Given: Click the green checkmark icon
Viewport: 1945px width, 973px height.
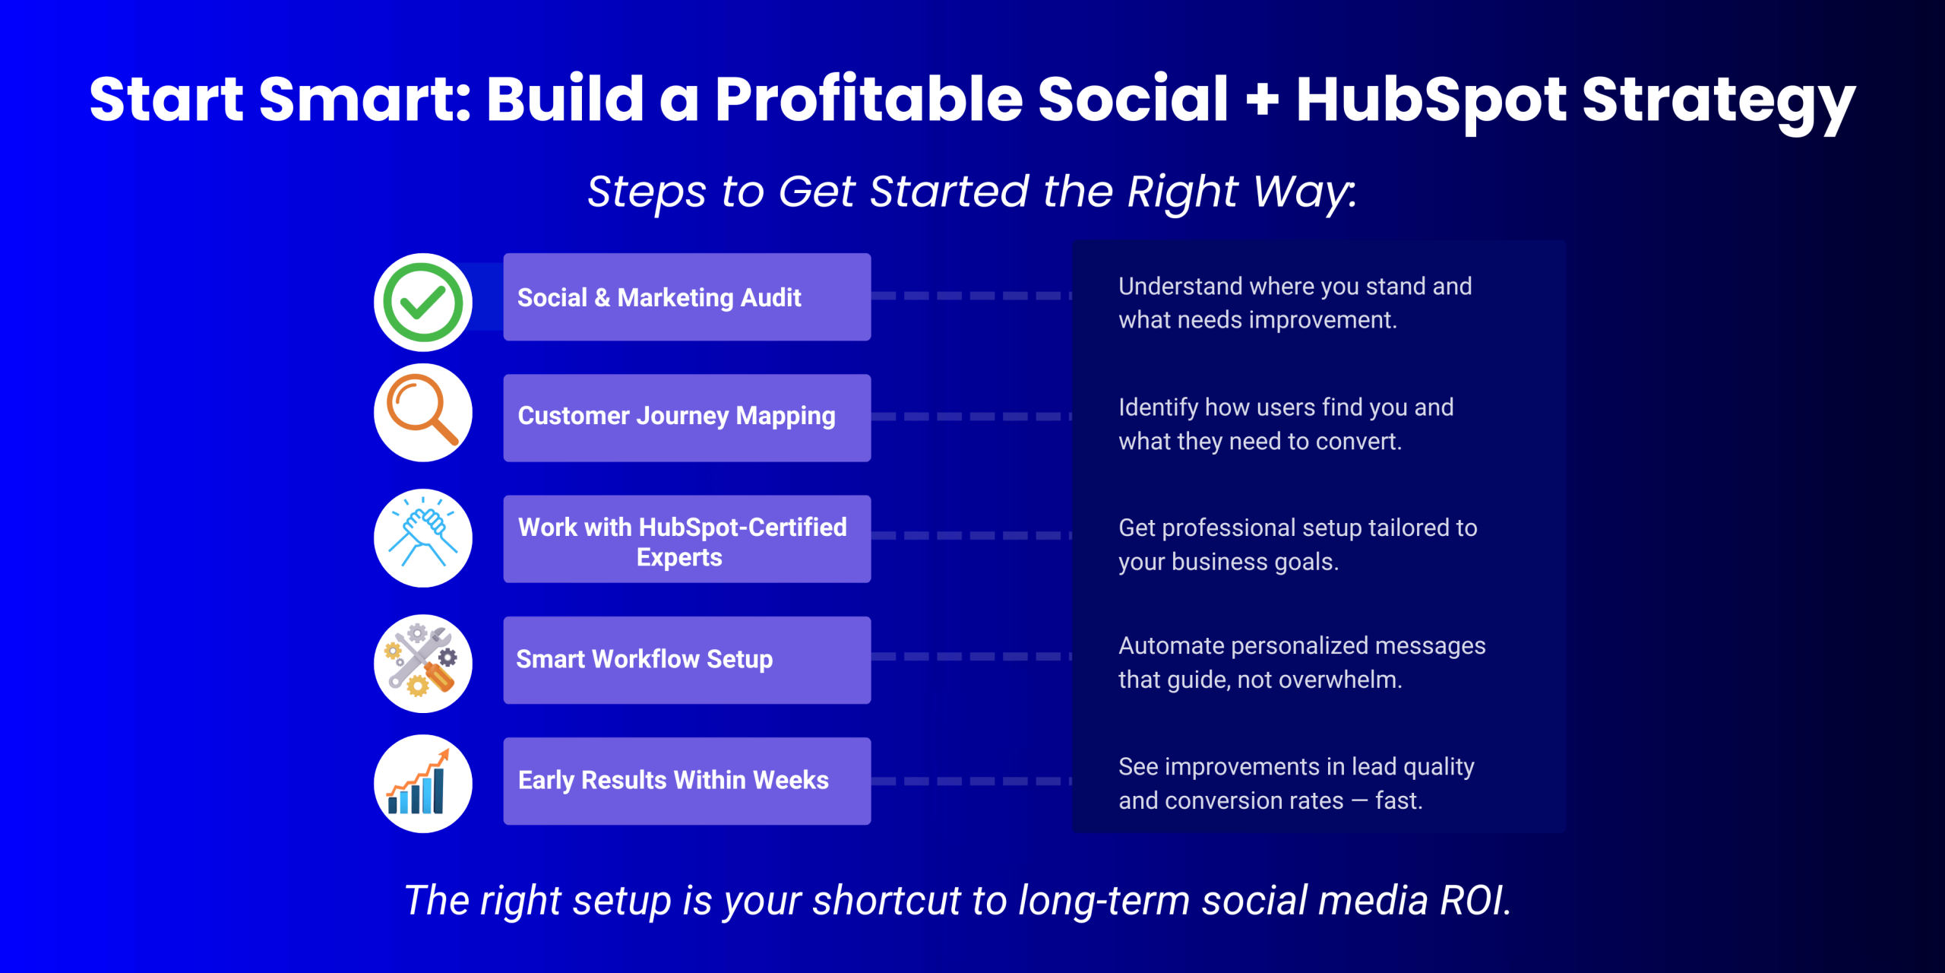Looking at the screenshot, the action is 423,302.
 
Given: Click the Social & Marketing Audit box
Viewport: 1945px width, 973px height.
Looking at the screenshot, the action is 687,297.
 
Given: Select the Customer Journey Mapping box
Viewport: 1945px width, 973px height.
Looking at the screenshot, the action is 687,418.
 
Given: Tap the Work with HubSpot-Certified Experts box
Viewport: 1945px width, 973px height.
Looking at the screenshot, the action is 687,539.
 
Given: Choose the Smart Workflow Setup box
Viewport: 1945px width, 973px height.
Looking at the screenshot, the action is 687,660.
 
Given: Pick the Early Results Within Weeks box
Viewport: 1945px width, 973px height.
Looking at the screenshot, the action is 687,781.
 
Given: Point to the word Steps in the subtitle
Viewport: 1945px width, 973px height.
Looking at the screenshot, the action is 647,192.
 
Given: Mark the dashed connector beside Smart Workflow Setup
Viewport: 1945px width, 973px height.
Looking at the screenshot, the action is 972,656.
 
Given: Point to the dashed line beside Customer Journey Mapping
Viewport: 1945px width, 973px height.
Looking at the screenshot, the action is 972,417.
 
